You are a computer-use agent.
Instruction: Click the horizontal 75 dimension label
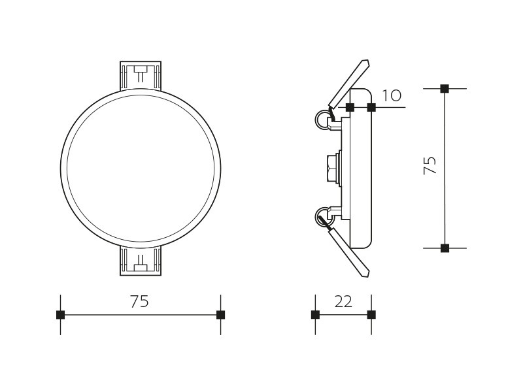(x=139, y=302)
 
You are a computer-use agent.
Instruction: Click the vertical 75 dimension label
(x=430, y=165)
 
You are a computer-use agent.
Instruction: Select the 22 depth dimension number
(x=343, y=302)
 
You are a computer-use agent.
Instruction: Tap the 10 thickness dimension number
(x=392, y=95)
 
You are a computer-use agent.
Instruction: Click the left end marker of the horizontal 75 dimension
(x=60, y=315)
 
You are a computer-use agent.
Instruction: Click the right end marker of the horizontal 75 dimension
(x=220, y=315)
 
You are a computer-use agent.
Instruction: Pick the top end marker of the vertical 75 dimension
(x=445, y=89)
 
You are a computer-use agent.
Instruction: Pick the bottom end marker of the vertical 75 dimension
(x=445, y=248)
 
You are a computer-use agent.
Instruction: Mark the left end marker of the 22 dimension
(x=315, y=315)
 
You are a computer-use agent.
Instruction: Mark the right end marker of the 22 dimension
(x=371, y=315)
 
